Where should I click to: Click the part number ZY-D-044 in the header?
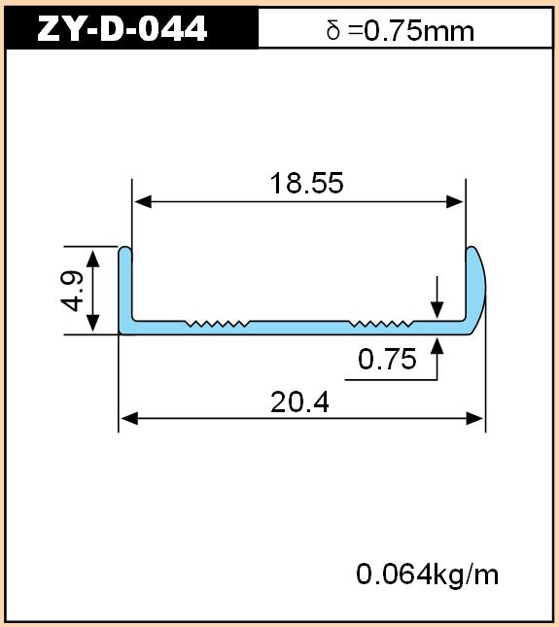(x=122, y=28)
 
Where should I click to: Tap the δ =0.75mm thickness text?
(x=401, y=31)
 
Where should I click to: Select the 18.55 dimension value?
(x=306, y=183)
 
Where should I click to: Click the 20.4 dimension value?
(x=299, y=402)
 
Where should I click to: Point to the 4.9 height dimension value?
(x=72, y=291)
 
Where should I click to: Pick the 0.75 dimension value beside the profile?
(x=387, y=359)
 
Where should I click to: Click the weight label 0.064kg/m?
(x=428, y=575)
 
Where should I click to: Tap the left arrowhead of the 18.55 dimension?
(x=143, y=202)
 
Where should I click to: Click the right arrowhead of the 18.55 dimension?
(x=455, y=202)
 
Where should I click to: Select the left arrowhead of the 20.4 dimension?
(x=129, y=419)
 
